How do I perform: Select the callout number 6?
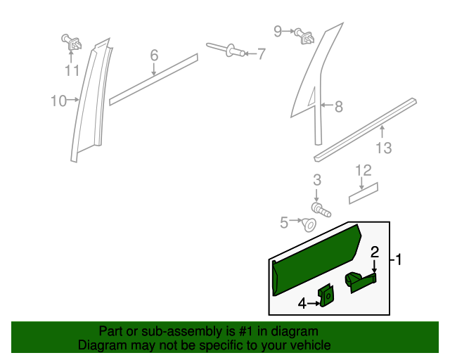[x=154, y=55]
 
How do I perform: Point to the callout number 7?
[x=261, y=53]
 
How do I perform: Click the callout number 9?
[x=278, y=31]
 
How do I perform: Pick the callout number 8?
[x=338, y=107]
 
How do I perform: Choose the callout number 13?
[x=383, y=148]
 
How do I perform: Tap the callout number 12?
[x=363, y=170]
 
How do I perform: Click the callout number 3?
[x=317, y=179]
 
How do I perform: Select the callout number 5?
[x=284, y=222]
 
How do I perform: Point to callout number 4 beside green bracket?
[x=302, y=304]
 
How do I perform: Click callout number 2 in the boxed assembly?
[x=375, y=252]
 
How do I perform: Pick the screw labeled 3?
[x=320, y=208]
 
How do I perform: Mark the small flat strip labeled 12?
[x=364, y=193]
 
